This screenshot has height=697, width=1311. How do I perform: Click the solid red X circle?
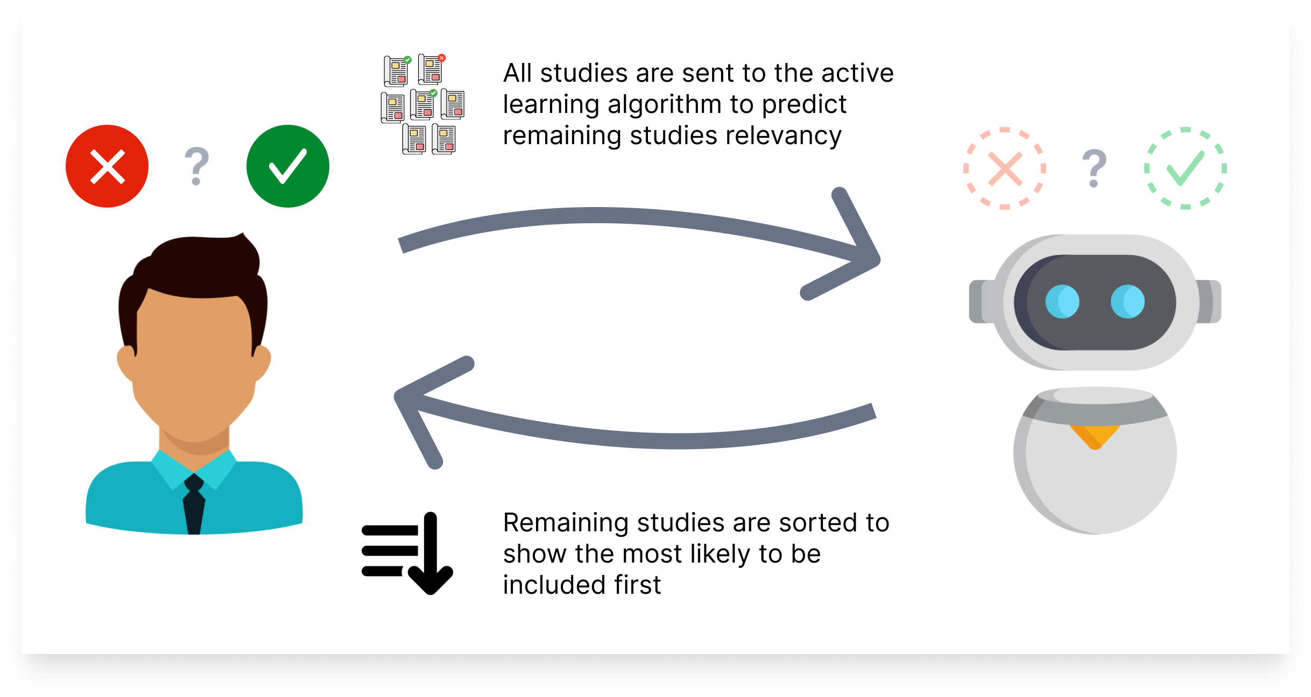(107, 166)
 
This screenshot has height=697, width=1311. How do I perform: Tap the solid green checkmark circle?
(288, 166)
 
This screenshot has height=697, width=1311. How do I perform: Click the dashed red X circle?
(1005, 168)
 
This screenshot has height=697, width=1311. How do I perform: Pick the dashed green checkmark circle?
(1186, 168)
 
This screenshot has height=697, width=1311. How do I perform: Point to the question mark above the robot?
(1095, 168)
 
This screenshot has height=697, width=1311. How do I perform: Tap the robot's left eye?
(1062, 302)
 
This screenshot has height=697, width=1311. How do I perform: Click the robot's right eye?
(1127, 302)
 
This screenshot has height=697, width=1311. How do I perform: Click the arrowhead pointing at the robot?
(856, 253)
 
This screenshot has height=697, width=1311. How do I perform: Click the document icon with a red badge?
(431, 69)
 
